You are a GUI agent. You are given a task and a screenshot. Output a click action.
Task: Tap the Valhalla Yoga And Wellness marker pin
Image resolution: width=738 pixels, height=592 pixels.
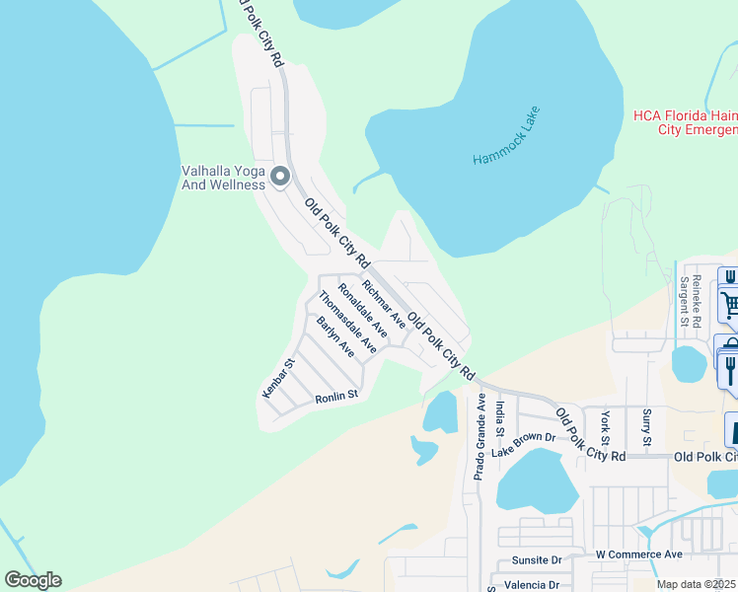[x=280, y=178]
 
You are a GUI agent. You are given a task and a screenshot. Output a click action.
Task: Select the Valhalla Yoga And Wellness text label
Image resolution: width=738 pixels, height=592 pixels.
[x=223, y=178]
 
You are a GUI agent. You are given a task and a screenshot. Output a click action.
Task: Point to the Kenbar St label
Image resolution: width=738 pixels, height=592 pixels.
[x=278, y=379]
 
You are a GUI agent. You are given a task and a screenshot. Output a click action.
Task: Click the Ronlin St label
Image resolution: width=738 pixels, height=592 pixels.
[x=334, y=397]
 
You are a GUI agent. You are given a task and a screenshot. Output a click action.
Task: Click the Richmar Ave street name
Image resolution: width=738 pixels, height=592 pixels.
[x=384, y=303]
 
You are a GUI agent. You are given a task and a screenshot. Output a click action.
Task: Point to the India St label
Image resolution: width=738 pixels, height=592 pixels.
[x=501, y=417]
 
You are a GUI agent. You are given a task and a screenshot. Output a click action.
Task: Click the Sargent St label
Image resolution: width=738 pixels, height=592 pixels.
[x=683, y=300]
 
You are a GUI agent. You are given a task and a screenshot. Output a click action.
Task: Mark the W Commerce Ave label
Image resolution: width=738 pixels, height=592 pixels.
[x=639, y=555]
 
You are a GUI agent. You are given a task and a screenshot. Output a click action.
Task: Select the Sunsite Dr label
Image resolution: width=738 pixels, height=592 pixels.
[x=537, y=559]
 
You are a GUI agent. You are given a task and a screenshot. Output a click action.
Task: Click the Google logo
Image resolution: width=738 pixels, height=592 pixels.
[x=34, y=580]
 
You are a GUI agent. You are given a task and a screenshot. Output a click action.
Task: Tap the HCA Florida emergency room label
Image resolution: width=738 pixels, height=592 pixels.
[x=685, y=122]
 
